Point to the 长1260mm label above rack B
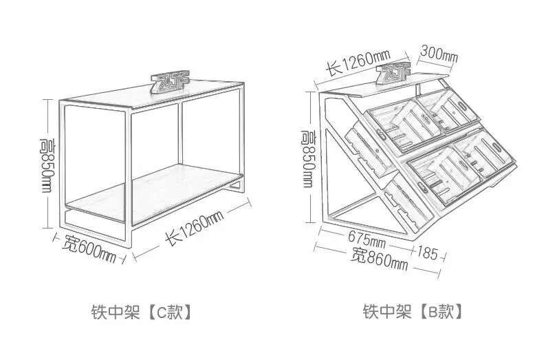pos(358,63)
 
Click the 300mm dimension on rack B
pos(438,54)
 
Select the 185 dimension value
pos(426,253)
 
